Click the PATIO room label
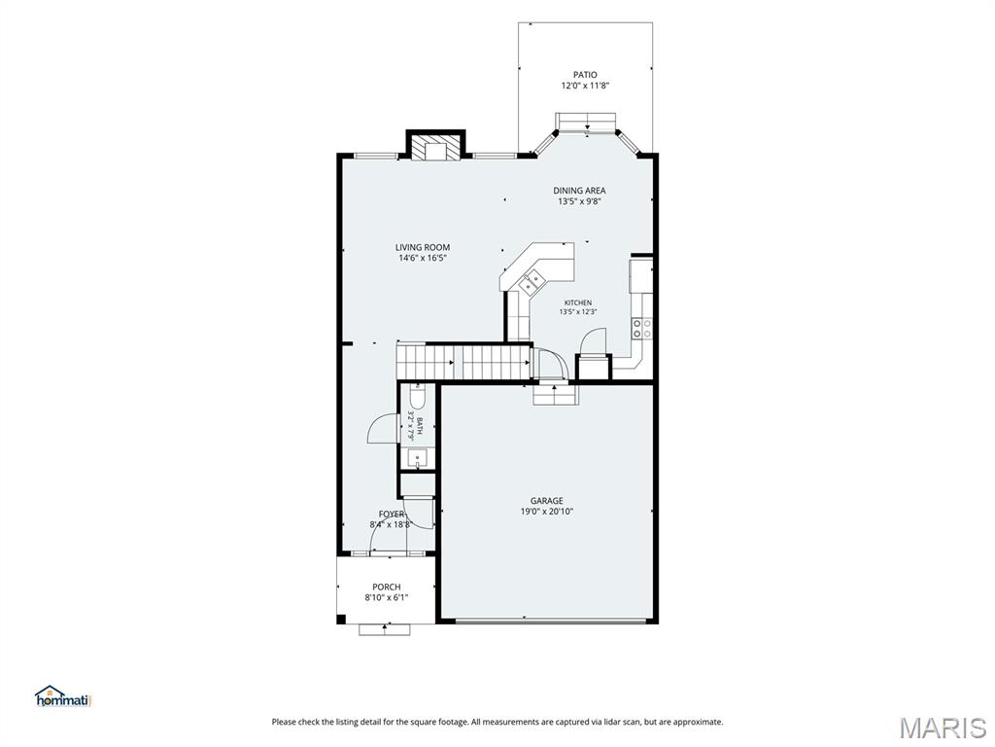click(585, 75)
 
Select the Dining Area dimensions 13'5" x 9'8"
click(579, 201)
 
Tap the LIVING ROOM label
click(423, 248)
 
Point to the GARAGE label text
click(546, 501)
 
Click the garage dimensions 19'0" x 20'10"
click(546, 512)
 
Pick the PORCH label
click(387, 587)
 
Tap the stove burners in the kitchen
click(641, 328)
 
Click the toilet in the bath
click(418, 397)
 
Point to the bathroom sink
click(418, 457)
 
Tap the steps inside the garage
click(555, 395)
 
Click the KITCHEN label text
click(578, 303)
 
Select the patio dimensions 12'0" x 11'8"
click(585, 86)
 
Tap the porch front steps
click(385, 629)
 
